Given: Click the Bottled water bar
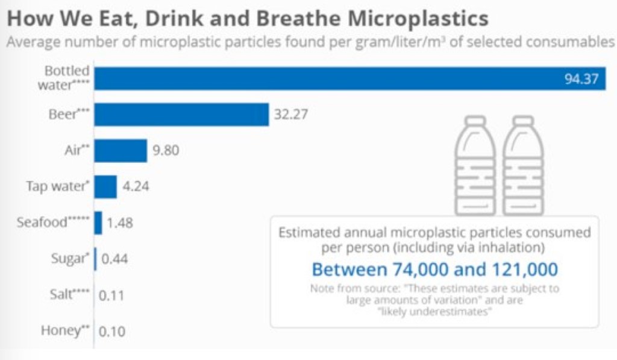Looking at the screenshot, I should [x=349, y=78].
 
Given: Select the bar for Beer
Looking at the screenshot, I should [x=181, y=115].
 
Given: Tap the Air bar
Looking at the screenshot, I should [x=121, y=151].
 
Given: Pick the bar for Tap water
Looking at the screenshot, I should [x=105, y=186].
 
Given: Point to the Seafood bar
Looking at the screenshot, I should [x=98, y=223].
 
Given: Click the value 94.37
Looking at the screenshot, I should [x=582, y=79].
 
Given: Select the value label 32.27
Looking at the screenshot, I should [x=290, y=115].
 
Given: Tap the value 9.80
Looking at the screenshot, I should [x=166, y=151].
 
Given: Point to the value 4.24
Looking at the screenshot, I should [x=136, y=186].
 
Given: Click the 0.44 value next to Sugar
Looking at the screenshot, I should [x=115, y=259].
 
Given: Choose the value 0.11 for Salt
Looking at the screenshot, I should [x=112, y=295].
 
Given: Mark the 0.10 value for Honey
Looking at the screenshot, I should [x=112, y=332].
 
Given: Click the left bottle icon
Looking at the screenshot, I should [x=475, y=166].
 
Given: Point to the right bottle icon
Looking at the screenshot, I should [x=523, y=166].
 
